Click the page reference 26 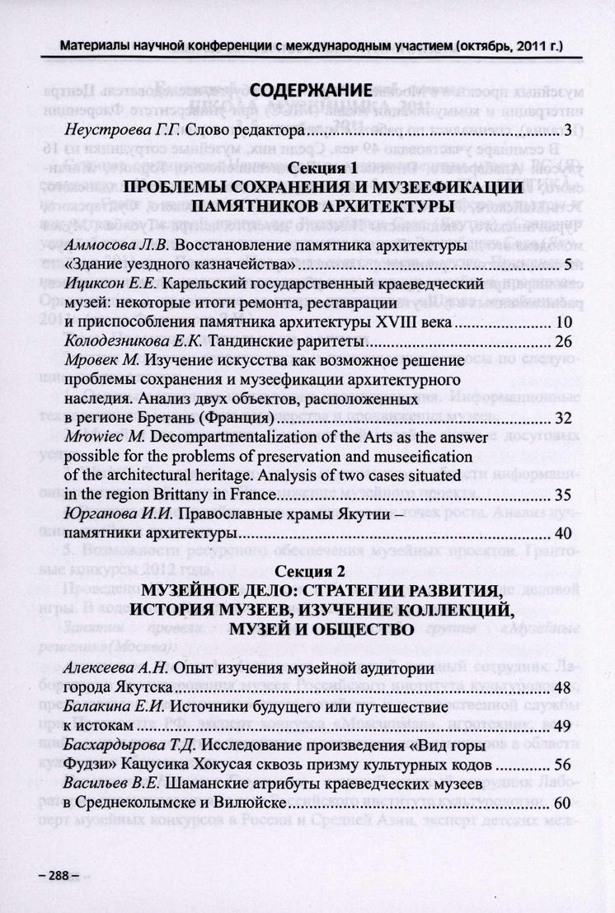click(564, 341)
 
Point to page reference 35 click(564, 495)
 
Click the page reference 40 click(564, 534)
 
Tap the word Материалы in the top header click(96, 44)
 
